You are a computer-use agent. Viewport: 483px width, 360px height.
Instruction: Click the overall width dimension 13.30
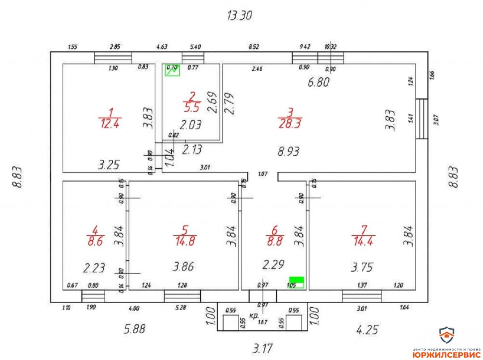coord(240,16)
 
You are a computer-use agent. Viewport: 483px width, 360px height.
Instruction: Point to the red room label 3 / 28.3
coord(290,118)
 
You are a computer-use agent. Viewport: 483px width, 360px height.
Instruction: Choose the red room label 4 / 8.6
coord(94,236)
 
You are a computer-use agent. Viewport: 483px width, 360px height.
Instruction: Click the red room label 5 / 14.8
coord(184,235)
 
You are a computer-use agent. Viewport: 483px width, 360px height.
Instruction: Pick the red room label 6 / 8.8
coord(274,236)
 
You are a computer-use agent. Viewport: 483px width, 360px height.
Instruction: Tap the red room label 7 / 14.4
coord(363,236)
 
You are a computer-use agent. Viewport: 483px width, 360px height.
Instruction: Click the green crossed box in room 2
coord(172,70)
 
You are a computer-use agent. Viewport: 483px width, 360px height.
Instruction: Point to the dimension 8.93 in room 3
coord(288,152)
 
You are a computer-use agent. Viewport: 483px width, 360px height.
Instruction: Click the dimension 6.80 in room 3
coord(318,82)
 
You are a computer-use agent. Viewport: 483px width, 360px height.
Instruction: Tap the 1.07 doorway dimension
coord(263,174)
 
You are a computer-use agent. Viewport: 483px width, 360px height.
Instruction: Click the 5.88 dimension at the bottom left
coord(135,329)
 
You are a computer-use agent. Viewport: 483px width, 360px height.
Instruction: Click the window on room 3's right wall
coord(421,119)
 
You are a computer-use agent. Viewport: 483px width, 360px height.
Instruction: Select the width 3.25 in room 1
coord(109,165)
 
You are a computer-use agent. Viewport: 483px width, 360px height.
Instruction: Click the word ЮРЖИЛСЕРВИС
coord(446,354)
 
